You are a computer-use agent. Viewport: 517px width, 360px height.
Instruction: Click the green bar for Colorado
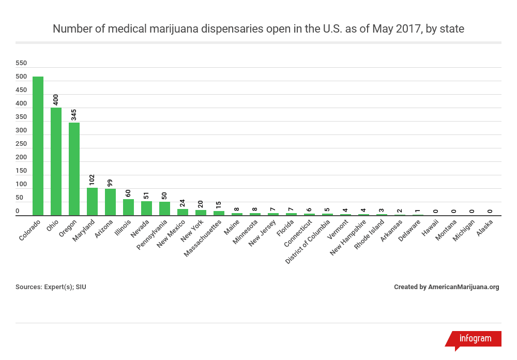point(38,146)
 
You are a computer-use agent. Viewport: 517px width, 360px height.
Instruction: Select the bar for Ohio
point(56,161)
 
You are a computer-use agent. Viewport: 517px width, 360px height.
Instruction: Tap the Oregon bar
point(74,169)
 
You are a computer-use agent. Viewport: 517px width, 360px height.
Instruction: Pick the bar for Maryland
point(92,202)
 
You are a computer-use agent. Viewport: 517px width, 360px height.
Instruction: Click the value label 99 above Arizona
point(110,183)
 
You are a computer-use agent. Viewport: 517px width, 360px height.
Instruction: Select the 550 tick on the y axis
point(21,63)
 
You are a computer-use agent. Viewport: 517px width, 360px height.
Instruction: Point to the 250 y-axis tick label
point(21,144)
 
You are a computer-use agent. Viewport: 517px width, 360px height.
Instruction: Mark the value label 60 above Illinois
point(128,193)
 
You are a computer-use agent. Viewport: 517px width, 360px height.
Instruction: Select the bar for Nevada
point(146,208)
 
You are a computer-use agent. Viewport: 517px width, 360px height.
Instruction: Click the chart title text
point(258,29)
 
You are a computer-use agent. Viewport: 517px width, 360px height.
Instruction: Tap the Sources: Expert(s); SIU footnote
point(51,287)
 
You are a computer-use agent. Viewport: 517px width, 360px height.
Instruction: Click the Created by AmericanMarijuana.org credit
point(446,287)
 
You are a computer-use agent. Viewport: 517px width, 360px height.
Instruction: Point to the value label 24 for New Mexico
point(183,203)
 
